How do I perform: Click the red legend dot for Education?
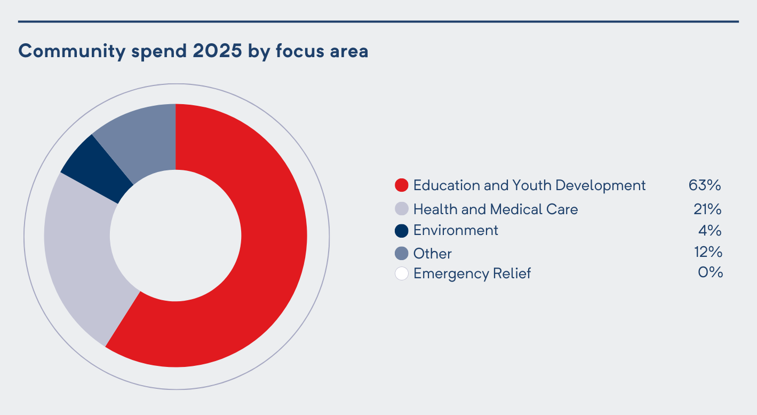point(401,185)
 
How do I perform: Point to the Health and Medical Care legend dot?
point(401,209)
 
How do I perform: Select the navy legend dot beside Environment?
point(401,231)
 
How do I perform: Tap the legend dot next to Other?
point(401,253)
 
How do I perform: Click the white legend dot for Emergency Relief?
point(401,273)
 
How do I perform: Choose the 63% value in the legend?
point(705,185)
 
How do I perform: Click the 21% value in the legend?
point(707,209)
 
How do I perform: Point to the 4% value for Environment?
point(710,231)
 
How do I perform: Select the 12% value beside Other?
point(707,252)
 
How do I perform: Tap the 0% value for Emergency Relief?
point(710,272)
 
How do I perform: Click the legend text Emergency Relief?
point(472,273)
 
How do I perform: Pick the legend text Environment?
point(456,230)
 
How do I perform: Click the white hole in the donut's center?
point(176,236)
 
